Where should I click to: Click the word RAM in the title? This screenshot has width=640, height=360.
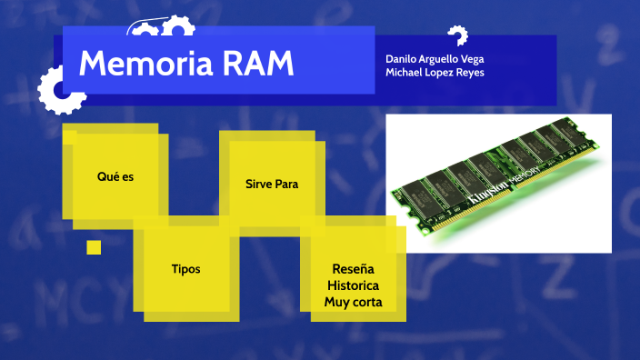256,64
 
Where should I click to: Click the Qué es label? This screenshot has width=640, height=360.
115,176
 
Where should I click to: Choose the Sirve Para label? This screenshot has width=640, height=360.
272,184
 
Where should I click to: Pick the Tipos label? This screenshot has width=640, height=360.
185,269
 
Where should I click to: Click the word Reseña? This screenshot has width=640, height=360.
354,269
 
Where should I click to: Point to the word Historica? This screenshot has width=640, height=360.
354,285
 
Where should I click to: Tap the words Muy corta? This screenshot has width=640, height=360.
354,302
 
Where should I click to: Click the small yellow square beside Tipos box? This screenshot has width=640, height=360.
94,247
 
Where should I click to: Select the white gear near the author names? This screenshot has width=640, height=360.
456,37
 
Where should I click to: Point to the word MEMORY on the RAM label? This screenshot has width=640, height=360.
526,171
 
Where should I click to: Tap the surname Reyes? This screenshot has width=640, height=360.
468,73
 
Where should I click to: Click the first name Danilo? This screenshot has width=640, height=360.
401,58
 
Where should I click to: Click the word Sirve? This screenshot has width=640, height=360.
258,184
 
